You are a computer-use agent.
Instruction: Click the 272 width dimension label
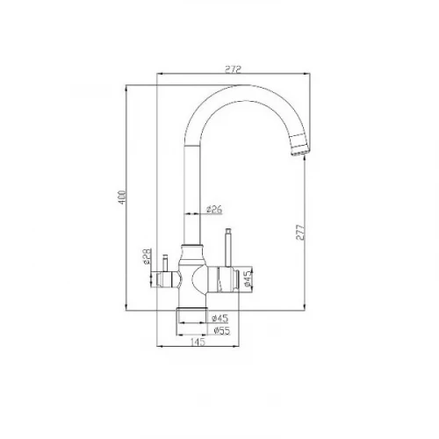(233, 69)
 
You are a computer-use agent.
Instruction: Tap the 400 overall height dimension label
(122, 198)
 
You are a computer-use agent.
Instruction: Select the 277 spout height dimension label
(300, 233)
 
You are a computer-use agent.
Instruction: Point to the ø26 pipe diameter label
(214, 209)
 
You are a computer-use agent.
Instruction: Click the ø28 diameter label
(147, 256)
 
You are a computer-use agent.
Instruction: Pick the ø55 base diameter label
(222, 331)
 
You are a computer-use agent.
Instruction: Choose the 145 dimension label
(198, 342)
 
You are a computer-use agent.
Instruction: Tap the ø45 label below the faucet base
(219, 318)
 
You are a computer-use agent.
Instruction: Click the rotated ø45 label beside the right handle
(248, 278)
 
